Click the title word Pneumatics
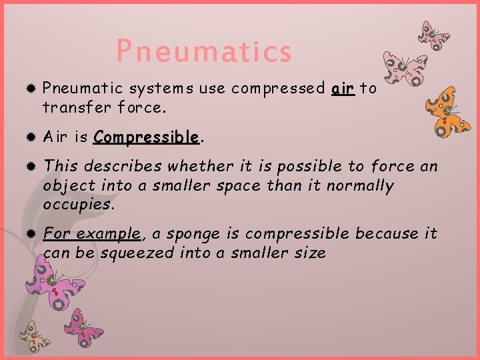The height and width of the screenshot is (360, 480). (204, 51)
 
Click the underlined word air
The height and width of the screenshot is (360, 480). (343, 89)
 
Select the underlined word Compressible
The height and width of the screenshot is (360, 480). (146, 137)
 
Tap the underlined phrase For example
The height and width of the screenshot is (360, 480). (92, 233)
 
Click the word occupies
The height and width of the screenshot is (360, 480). (78, 205)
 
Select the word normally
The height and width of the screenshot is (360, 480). (359, 185)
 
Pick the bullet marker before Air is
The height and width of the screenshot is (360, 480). (30, 138)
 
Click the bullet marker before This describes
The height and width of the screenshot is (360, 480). (30, 167)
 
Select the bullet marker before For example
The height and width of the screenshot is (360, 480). (30, 234)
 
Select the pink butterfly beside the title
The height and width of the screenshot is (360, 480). (403, 68)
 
